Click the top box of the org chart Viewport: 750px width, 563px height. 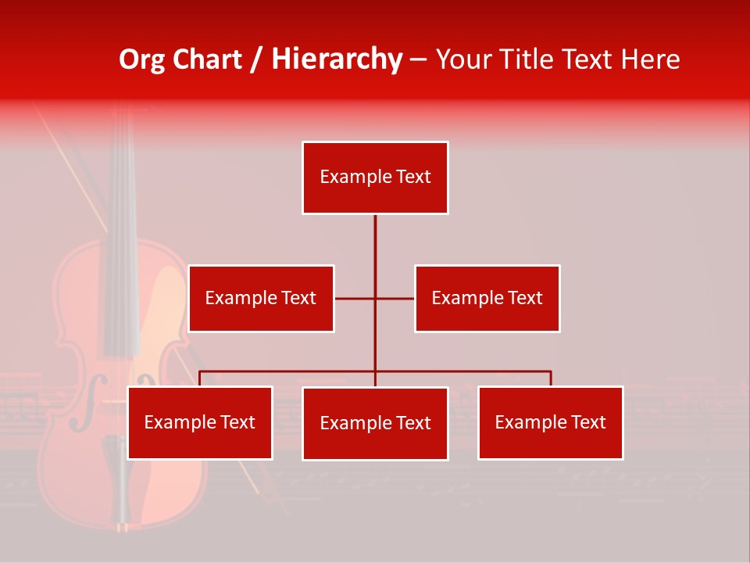375,178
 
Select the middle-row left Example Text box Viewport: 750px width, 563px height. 261,299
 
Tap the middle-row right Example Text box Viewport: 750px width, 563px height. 487,299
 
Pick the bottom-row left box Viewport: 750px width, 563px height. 200,423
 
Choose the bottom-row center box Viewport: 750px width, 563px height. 375,424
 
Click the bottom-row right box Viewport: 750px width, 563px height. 550,423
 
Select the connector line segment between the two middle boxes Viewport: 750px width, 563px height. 374,299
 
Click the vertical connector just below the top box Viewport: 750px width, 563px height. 375,235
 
